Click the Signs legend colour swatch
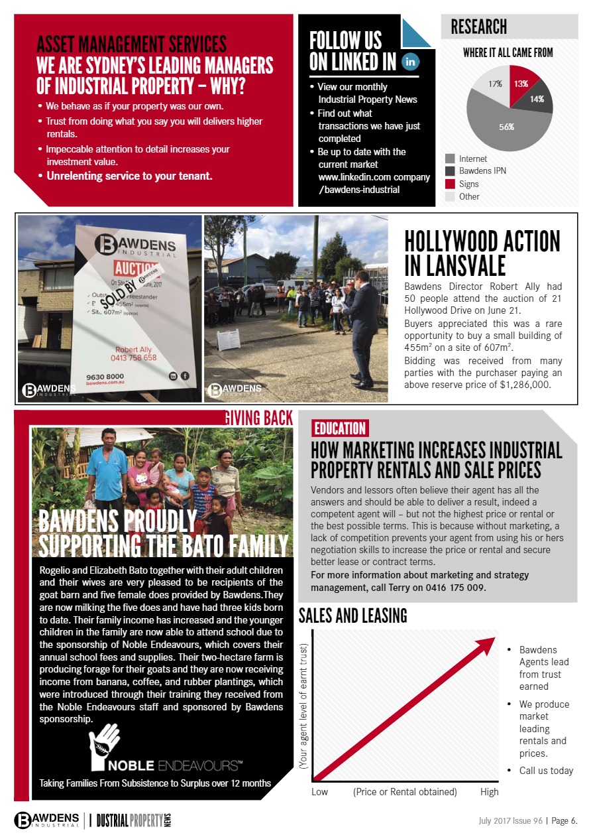pyautogui.click(x=450, y=184)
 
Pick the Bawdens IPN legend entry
pyautogui.click(x=482, y=171)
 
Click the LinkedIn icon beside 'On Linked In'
pyautogui.click(x=411, y=62)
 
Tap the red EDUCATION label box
pyautogui.click(x=339, y=428)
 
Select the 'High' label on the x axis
pyautogui.click(x=490, y=792)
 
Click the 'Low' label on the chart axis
pyautogui.click(x=319, y=792)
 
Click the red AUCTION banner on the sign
pyautogui.click(x=136, y=269)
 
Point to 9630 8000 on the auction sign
pyautogui.click(x=105, y=376)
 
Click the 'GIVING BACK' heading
pyautogui.click(x=258, y=418)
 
